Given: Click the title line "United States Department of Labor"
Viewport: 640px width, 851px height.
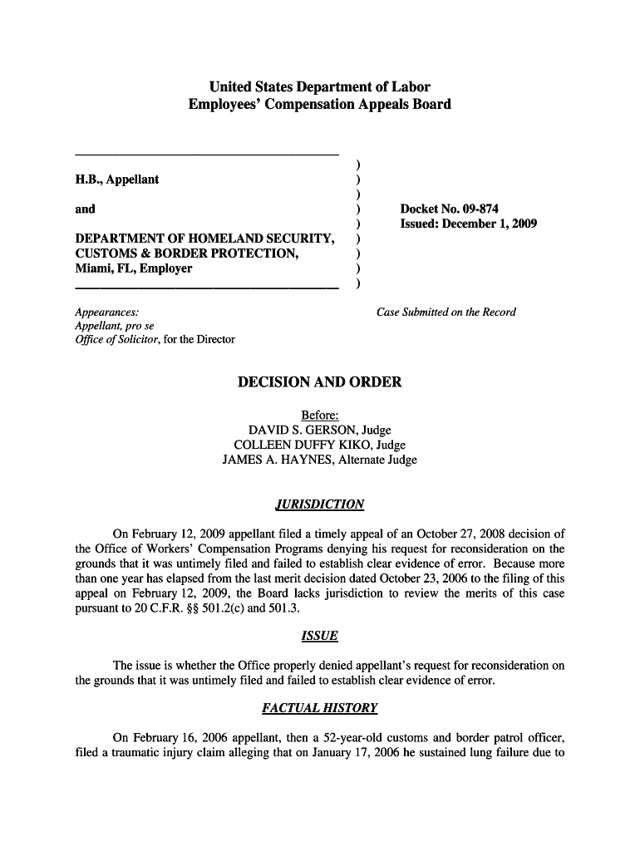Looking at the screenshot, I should coord(319,86).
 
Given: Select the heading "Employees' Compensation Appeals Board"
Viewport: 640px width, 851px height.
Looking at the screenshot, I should coord(319,105).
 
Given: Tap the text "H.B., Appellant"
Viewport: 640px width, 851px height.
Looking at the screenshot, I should coord(117,180).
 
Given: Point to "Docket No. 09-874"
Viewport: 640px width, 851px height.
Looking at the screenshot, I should coord(449,209).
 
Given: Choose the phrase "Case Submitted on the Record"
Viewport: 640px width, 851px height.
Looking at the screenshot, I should coord(446,312).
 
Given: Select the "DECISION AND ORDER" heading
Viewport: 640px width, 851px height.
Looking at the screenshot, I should coord(319,382).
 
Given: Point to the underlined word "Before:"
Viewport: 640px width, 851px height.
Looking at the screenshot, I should coord(319,416).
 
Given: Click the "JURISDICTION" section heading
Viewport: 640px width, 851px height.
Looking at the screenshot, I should coord(319,504).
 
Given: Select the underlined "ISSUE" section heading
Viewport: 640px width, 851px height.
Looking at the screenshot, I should coord(319,637).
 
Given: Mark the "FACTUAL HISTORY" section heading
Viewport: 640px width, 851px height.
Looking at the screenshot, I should coord(319,709).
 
